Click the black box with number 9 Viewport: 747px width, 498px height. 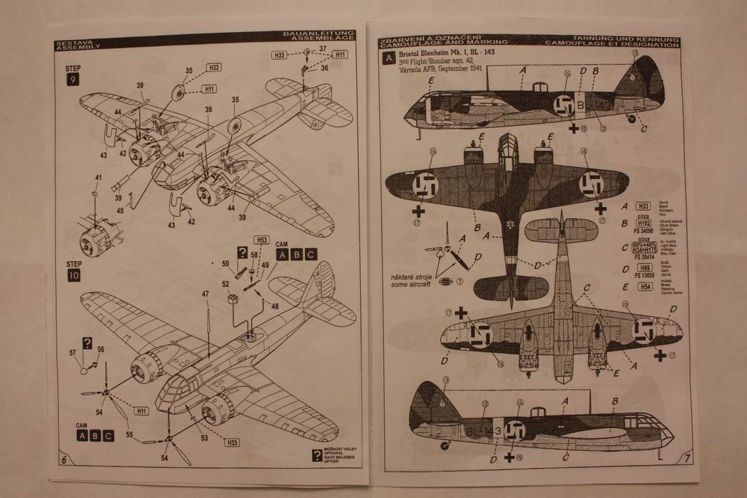(x=73, y=80)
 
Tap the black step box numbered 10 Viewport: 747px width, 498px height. (x=74, y=276)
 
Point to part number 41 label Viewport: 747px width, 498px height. (x=98, y=178)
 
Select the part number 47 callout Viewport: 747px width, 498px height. (x=206, y=294)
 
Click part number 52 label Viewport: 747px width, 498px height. (x=225, y=283)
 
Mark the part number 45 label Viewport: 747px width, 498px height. (x=120, y=209)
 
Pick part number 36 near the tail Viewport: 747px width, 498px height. (x=325, y=67)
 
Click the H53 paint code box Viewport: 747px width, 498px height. (x=262, y=239)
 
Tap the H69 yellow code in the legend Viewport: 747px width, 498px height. (x=643, y=268)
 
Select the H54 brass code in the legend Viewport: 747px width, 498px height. (x=643, y=287)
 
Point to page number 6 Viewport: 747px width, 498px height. (x=64, y=460)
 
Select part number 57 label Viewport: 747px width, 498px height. (x=73, y=353)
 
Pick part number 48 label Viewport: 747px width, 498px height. (x=275, y=306)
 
